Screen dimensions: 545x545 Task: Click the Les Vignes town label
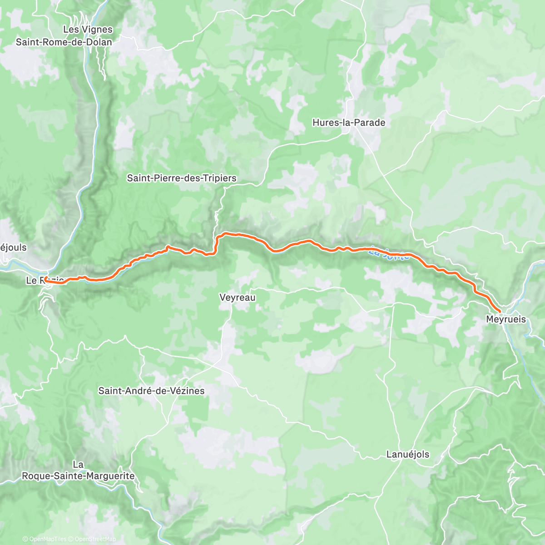pos(88,30)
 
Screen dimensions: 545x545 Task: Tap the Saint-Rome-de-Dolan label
pos(64,42)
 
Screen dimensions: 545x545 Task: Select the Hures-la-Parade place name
pos(349,123)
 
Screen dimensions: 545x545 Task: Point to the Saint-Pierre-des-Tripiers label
pos(182,178)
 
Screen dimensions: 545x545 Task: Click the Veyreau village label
pos(237,298)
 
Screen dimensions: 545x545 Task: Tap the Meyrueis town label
pos(506,319)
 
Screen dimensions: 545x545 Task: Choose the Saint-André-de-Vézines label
pos(151,391)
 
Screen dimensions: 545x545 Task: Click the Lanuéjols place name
pos(407,454)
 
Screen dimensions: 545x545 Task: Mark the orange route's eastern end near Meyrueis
pos(500,311)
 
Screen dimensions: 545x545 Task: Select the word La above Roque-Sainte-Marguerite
pos(78,465)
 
